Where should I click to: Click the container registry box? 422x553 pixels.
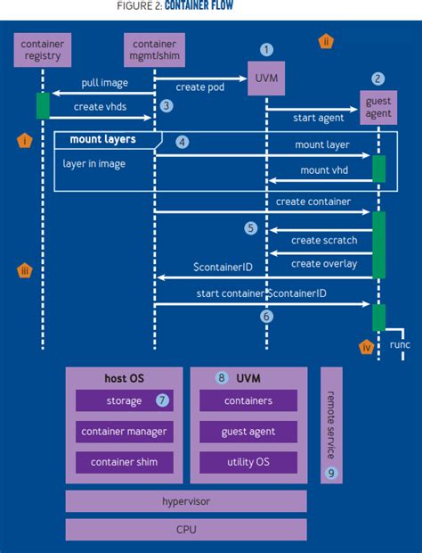point(42,50)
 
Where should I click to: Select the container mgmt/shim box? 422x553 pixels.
point(153,50)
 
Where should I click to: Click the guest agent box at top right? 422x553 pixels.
point(378,108)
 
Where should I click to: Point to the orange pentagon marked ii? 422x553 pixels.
point(326,41)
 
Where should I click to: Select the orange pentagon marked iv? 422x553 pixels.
point(366,348)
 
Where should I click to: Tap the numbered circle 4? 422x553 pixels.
point(183,141)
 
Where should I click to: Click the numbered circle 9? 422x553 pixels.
point(331,473)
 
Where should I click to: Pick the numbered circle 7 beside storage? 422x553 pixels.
point(162,400)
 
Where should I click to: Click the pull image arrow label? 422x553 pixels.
point(103,83)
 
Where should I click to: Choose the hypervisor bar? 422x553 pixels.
point(186,501)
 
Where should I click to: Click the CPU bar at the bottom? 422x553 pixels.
point(186,530)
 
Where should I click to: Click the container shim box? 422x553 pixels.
point(124,462)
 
